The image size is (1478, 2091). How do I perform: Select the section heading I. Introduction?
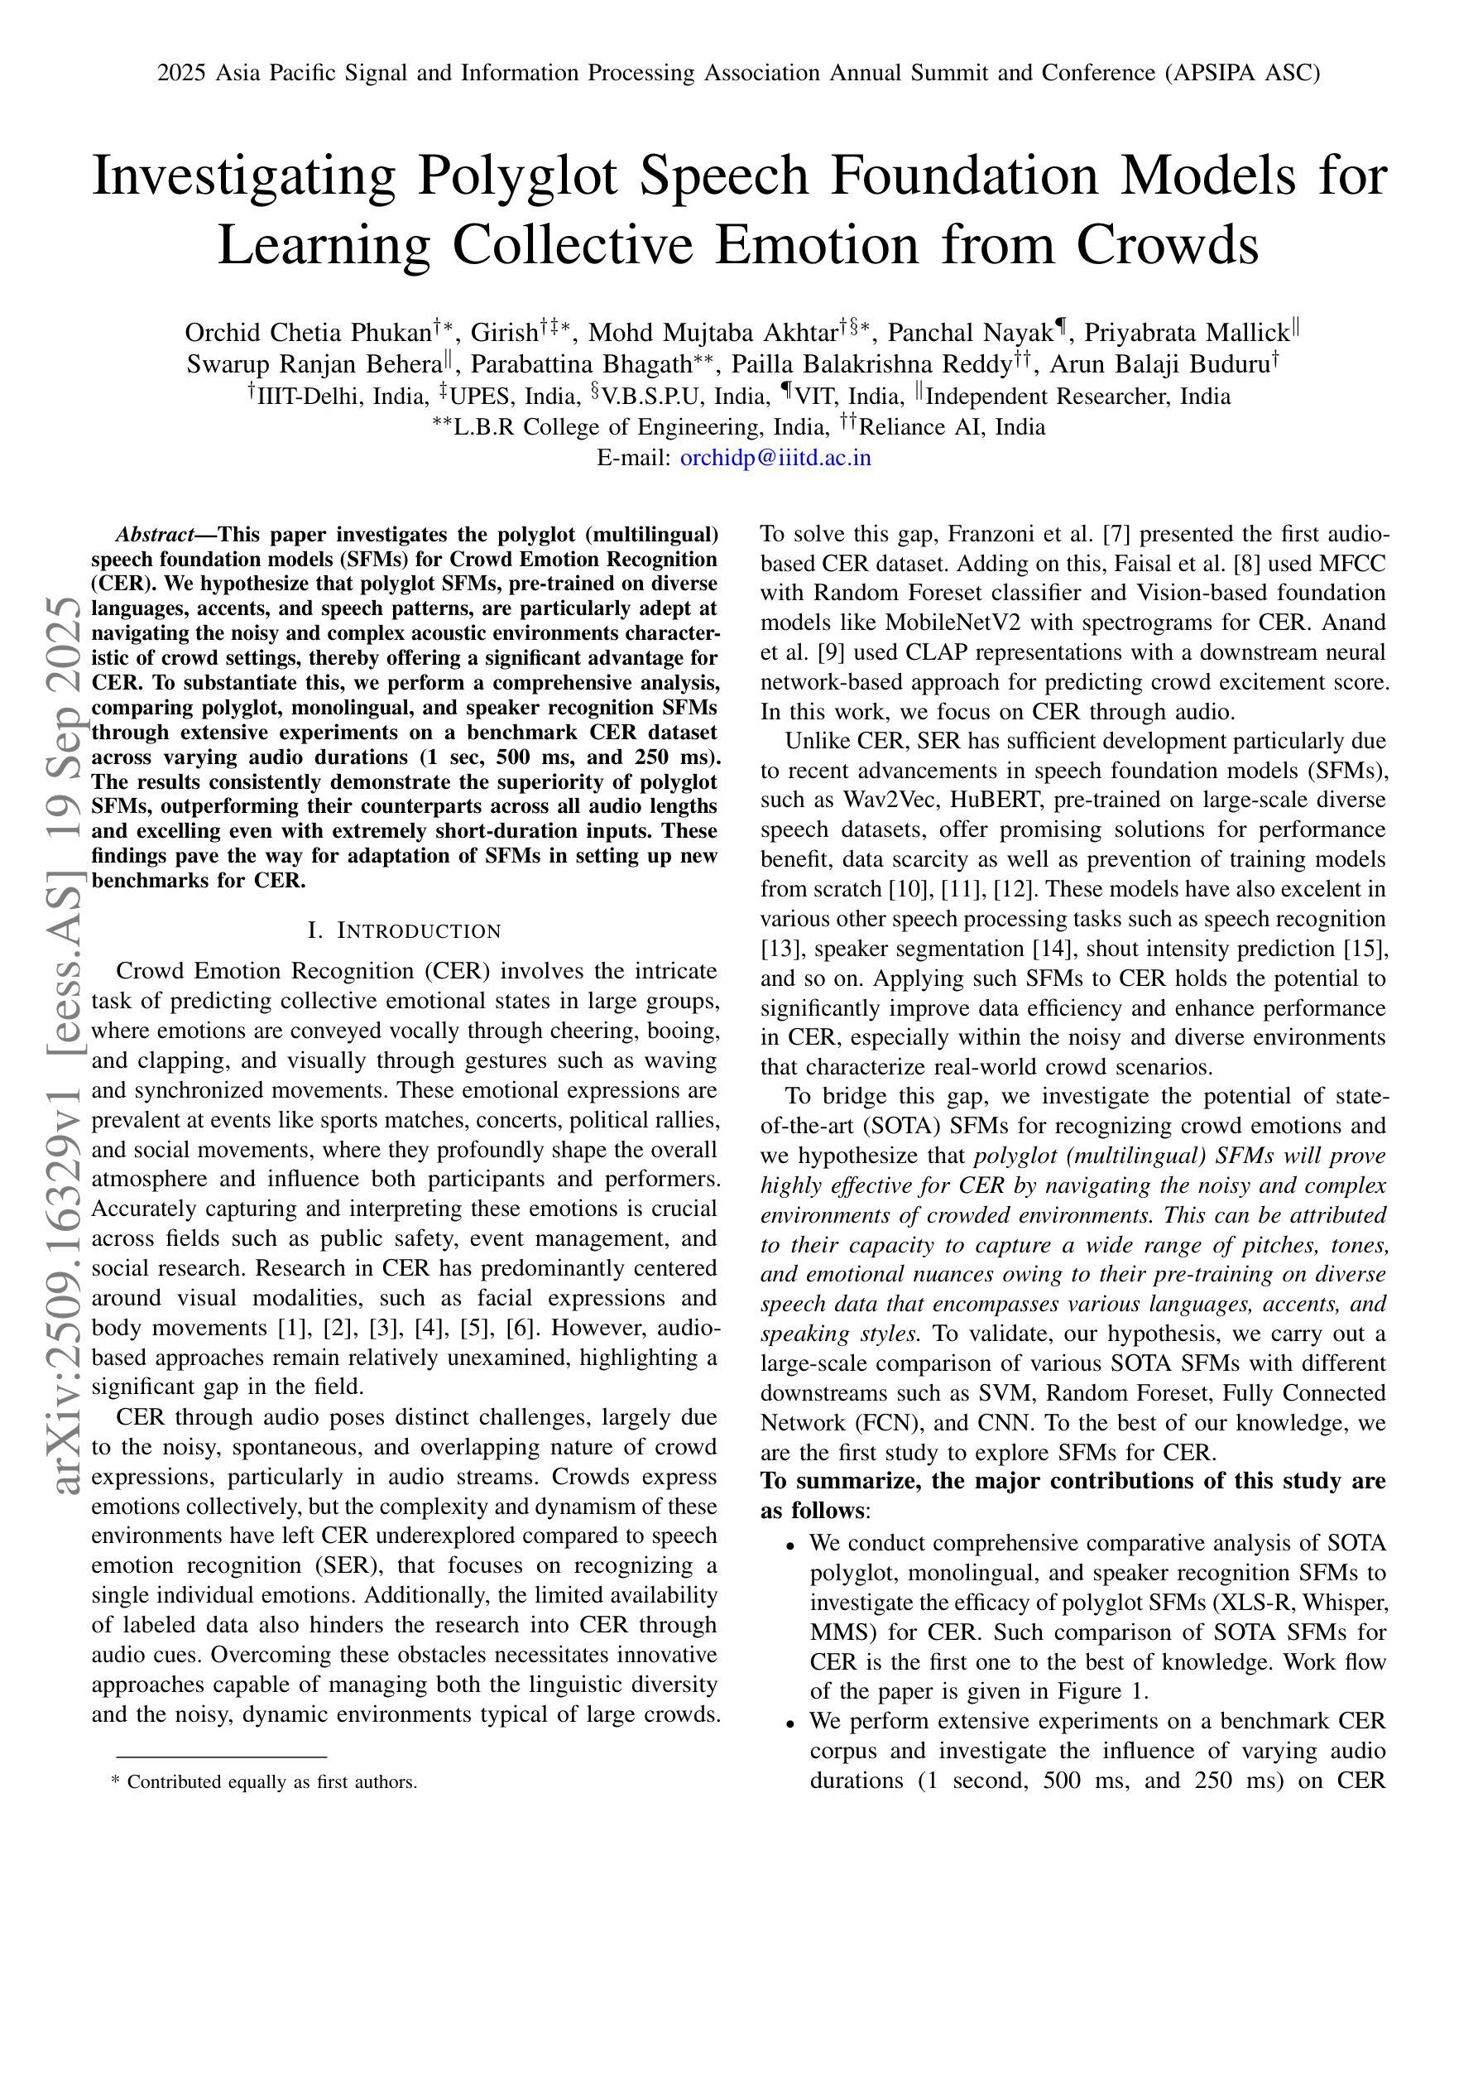[405, 930]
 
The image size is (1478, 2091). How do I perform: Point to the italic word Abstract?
[154, 534]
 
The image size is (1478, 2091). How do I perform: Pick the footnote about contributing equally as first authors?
[264, 1782]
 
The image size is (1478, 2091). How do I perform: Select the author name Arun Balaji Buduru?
[1159, 365]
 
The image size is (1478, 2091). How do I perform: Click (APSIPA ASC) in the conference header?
[1241, 73]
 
